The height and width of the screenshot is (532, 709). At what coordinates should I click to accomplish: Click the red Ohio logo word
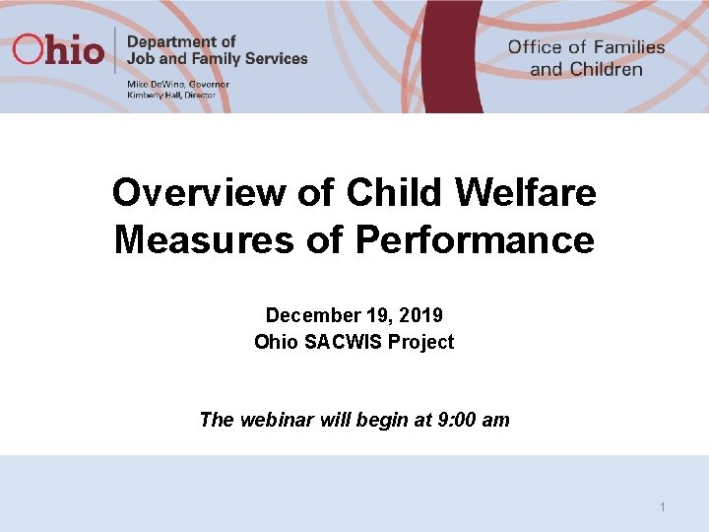(58, 49)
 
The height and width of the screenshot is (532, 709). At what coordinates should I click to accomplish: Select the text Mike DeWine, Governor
(177, 85)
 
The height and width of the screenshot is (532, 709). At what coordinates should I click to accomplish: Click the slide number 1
(663, 506)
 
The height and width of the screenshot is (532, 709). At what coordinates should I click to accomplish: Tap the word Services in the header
(277, 58)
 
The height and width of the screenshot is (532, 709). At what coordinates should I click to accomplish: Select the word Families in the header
(628, 47)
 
